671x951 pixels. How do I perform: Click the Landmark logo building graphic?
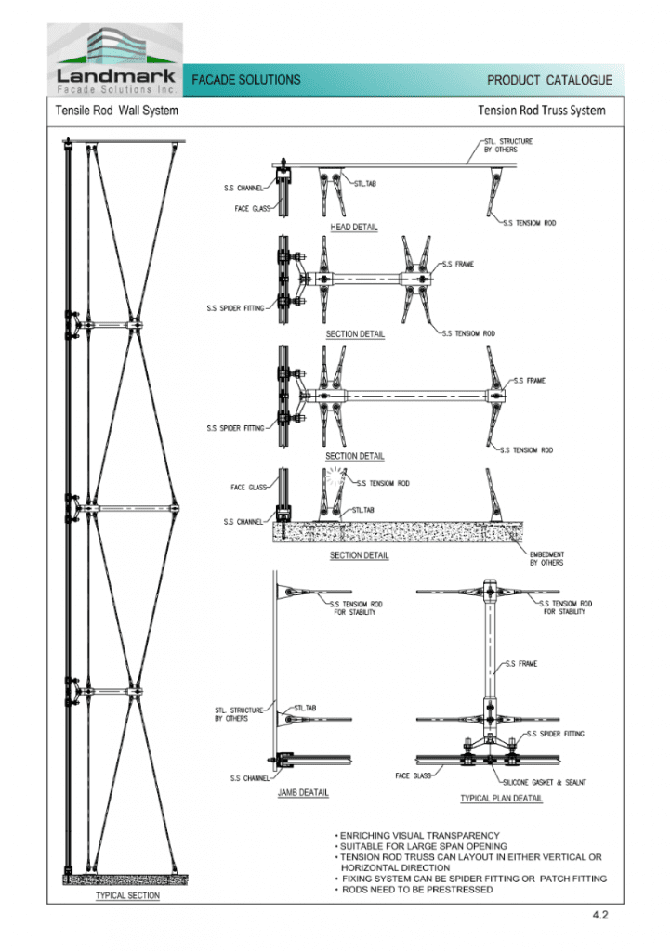(x=115, y=46)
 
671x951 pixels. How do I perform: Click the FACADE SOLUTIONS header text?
(x=246, y=80)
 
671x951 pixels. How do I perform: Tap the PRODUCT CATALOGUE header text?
(x=549, y=81)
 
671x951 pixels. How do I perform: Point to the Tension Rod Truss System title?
(x=541, y=111)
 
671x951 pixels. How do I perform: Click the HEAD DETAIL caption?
(x=354, y=228)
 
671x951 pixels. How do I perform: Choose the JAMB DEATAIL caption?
(x=303, y=793)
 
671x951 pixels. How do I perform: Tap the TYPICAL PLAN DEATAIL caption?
(x=502, y=798)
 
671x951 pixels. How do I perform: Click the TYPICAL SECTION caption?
(x=128, y=895)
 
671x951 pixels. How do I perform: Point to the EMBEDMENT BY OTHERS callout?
(x=546, y=558)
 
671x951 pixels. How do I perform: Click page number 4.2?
(x=599, y=915)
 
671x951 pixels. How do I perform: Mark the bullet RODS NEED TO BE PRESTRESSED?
(x=417, y=890)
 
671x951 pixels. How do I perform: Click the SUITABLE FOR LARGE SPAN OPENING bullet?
(x=423, y=846)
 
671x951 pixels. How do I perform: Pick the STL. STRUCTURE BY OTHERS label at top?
(x=507, y=145)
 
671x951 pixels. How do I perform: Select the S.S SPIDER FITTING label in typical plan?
(x=556, y=734)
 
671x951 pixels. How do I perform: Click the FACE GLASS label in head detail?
(x=251, y=208)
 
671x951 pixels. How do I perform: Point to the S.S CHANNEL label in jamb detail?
(x=249, y=778)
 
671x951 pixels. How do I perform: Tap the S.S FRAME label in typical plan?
(x=521, y=664)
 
